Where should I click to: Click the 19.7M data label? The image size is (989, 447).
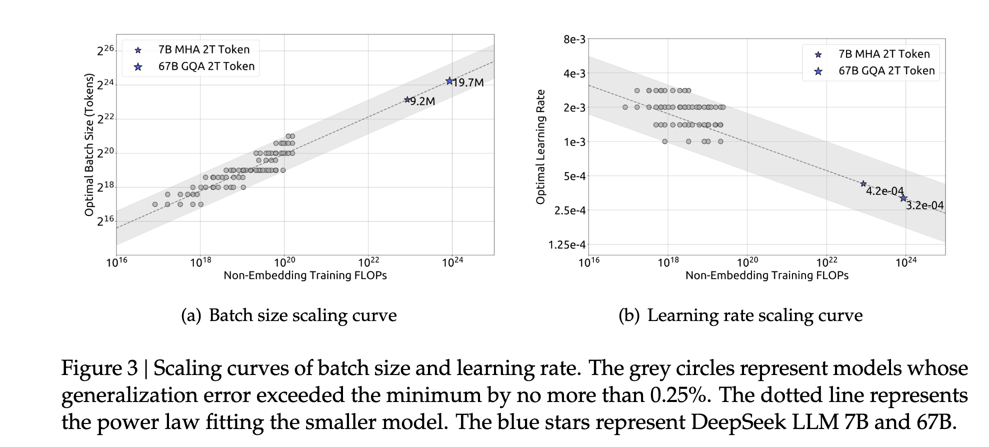tap(468, 83)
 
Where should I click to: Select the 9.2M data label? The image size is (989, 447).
tap(422, 101)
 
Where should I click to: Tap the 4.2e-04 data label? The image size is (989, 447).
tap(884, 191)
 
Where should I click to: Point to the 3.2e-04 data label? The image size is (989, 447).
tap(924, 205)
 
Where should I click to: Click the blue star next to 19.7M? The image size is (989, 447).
tap(449, 81)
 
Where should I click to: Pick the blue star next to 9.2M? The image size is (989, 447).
tap(407, 100)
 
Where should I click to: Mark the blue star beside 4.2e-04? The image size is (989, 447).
tap(863, 184)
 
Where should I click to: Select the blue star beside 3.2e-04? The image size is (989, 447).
tap(903, 198)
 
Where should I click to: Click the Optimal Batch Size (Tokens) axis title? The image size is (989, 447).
tap(89, 145)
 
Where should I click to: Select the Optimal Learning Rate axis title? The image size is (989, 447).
tap(540, 146)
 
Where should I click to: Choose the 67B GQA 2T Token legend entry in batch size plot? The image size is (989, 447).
tap(206, 66)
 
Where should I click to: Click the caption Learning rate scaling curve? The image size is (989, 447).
tap(754, 315)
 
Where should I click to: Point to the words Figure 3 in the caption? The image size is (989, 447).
tap(99, 368)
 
